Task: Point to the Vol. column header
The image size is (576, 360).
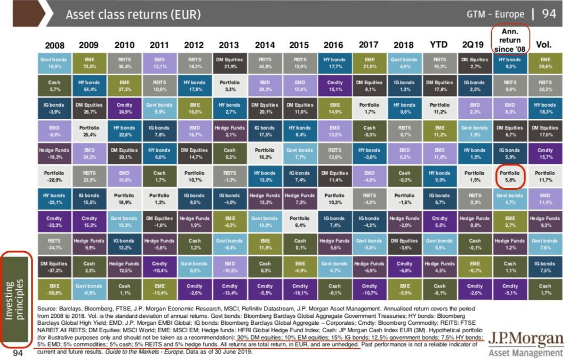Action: pyautogui.click(x=544, y=45)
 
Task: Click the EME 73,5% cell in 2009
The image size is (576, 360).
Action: pyautogui.click(x=89, y=63)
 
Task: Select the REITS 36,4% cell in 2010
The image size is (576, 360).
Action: pyautogui.click(x=124, y=63)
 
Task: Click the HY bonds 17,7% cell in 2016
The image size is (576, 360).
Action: pyautogui.click(x=334, y=63)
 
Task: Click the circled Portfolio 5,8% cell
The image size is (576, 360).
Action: pyautogui.click(x=510, y=177)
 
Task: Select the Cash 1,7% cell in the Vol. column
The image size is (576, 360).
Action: pyautogui.click(x=545, y=289)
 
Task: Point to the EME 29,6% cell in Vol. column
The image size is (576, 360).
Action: pyautogui.click(x=545, y=63)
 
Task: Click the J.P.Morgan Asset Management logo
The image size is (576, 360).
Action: pyautogui.click(x=525, y=343)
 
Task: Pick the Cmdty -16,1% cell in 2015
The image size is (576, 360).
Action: pyautogui.click(x=300, y=289)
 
